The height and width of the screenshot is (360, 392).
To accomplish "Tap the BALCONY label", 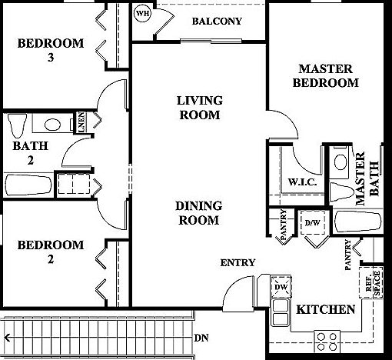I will pyautogui.click(x=218, y=21).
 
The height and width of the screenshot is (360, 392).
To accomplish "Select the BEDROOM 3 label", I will pyautogui.click(x=51, y=51).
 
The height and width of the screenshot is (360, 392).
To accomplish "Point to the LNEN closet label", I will pyautogui.click(x=81, y=125).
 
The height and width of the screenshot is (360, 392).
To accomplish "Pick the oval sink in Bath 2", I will pyautogui.click(x=52, y=124).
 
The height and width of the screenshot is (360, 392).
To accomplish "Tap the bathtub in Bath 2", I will pyautogui.click(x=28, y=185).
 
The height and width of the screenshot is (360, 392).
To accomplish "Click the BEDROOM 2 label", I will pyautogui.click(x=51, y=252).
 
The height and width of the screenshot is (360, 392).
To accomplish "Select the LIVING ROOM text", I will pyautogui.click(x=198, y=108).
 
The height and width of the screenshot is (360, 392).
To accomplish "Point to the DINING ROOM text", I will pyautogui.click(x=198, y=213).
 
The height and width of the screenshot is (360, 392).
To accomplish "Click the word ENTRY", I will pyautogui.click(x=238, y=263).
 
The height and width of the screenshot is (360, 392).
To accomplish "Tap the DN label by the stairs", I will pyautogui.click(x=201, y=337).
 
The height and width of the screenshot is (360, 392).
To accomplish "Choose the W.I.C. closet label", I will pyautogui.click(x=298, y=183).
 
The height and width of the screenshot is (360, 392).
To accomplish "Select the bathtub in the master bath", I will pyautogui.click(x=358, y=222).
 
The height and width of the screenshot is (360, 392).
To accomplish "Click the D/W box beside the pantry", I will pyautogui.click(x=312, y=223).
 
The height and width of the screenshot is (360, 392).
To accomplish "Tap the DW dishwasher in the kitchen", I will pyautogui.click(x=282, y=285).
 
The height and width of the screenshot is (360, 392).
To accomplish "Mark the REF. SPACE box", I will pyautogui.click(x=374, y=282).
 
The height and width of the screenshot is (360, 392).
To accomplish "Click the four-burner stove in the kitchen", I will pyautogui.click(x=327, y=338).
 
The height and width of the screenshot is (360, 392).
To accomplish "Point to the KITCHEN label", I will pyautogui.click(x=326, y=310).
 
